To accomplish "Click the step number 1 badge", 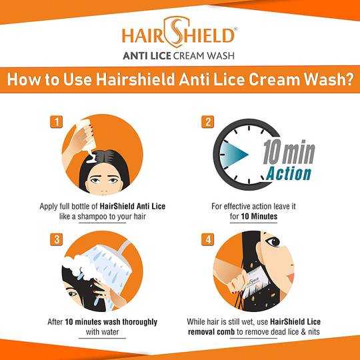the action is pos(56,122).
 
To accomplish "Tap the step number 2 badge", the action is pos(208,122).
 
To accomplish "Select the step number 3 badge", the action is pos(56,239).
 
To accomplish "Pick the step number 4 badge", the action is pos(208,239).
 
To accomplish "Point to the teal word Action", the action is pos(289,173).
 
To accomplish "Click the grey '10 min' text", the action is pos(289,152).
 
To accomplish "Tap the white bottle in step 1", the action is pos(86,134).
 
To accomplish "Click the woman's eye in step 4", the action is pos(273,241).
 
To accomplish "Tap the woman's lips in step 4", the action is pos(291,277).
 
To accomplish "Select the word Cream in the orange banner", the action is pos(275,79).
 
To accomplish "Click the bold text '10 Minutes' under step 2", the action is pos(259,216).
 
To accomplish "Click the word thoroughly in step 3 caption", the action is pos(140,322).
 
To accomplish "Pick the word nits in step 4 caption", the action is pos(314,332).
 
